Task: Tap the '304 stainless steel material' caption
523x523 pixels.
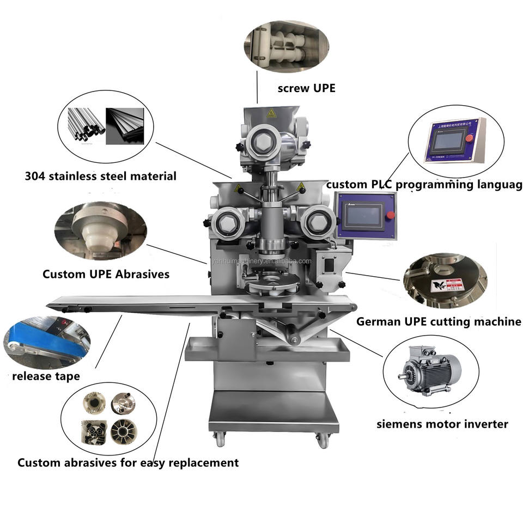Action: pyautogui.click(x=101, y=176)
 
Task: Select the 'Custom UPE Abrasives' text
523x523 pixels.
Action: pyautogui.click(x=106, y=274)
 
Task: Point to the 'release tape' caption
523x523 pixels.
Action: pyautogui.click(x=46, y=376)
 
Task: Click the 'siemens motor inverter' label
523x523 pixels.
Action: pyautogui.click(x=442, y=423)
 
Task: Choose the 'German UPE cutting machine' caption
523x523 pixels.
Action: pyautogui.click(x=439, y=321)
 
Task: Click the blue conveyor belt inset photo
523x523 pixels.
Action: pyautogui.click(x=46, y=340)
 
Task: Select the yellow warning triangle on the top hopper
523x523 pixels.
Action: pyautogui.click(x=271, y=113)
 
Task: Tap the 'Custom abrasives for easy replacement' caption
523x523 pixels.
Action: pyautogui.click(x=128, y=463)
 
